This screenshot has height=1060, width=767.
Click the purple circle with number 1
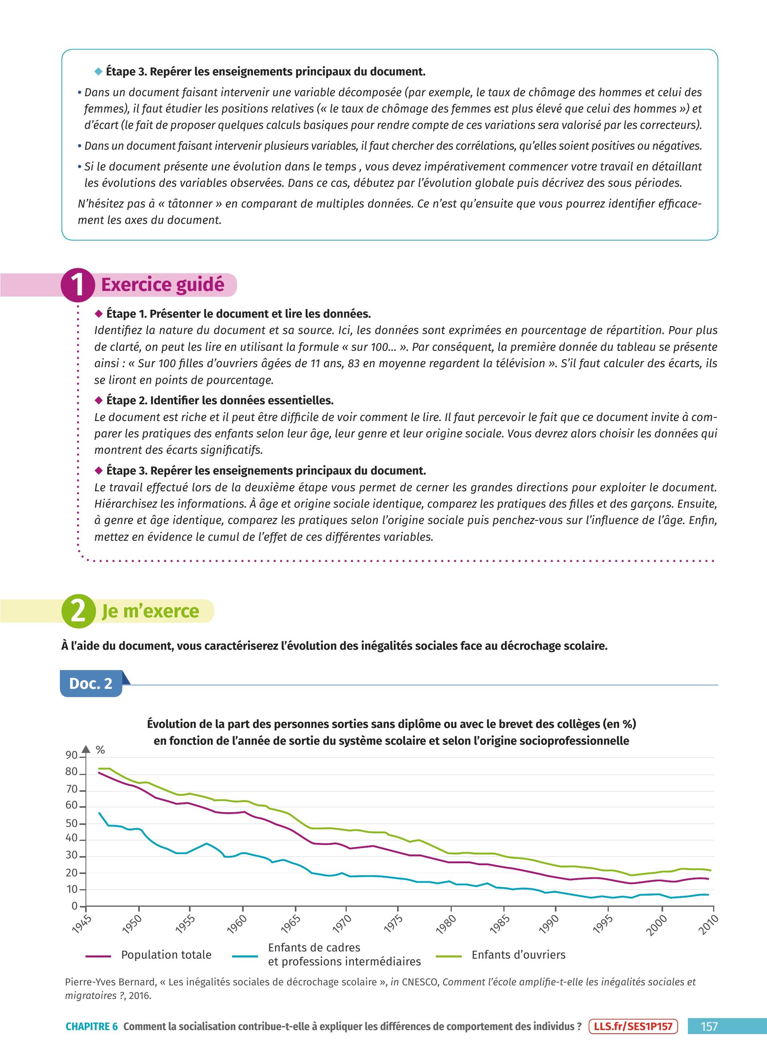[77, 284]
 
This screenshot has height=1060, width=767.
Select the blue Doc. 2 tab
[91, 683]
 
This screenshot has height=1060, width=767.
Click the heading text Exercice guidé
[163, 285]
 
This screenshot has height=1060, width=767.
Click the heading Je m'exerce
[151, 611]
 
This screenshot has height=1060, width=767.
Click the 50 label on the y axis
[71, 823]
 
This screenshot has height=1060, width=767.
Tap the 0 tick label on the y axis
[74, 906]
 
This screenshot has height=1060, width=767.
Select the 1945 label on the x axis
[82, 924]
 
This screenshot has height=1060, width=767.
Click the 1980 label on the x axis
[446, 924]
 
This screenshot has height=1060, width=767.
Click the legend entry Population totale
[166, 955]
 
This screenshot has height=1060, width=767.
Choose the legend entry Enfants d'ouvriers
[519, 955]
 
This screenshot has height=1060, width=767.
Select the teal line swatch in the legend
[244, 956]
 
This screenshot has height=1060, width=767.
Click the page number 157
[709, 1026]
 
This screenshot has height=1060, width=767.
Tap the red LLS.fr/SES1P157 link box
[633, 1026]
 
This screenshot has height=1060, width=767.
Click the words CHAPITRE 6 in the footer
[91, 1026]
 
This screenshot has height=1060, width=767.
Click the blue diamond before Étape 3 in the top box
[98, 71]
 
